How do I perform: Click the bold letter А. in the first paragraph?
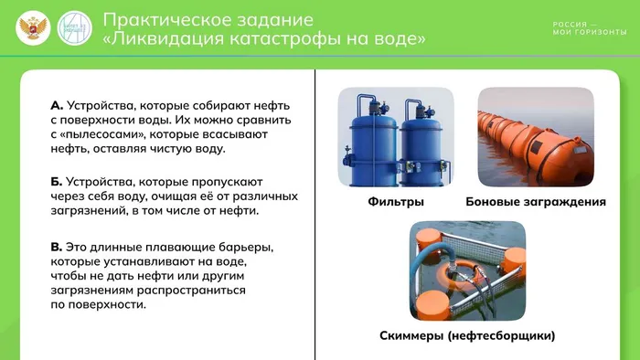pyautogui.click(x=57, y=105)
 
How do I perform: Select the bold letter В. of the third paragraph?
pyautogui.click(x=57, y=247)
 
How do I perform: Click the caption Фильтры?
pyautogui.click(x=396, y=201)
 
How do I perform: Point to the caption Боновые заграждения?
pyautogui.click(x=536, y=201)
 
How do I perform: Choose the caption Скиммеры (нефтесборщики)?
pyautogui.click(x=467, y=335)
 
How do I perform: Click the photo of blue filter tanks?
pyautogui.click(x=396, y=137)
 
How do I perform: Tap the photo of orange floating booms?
pyautogui.click(x=536, y=137)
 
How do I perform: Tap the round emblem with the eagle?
pyautogui.click(x=34, y=29)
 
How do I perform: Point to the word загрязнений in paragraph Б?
pyautogui.click(x=90, y=211)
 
